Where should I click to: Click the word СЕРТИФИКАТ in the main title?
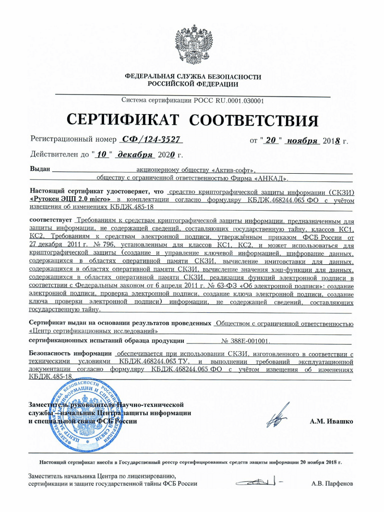[123, 119]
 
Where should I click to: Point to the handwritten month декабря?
[135, 155]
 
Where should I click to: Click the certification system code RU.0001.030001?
[232, 101]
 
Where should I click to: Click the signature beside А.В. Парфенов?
[256, 482]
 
